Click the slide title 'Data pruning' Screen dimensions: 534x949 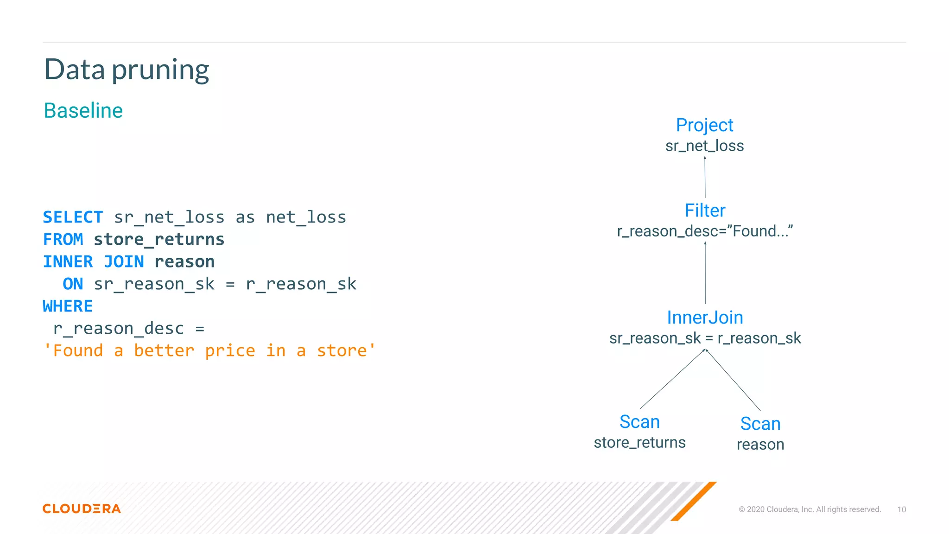127,70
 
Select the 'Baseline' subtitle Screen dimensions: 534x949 83,111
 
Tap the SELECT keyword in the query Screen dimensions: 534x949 73,217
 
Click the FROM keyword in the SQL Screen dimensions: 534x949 63,239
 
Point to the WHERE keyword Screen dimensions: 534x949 68,306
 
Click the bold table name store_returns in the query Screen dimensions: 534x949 159,239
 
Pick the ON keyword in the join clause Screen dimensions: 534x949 73,284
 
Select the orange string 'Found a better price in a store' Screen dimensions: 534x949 209,350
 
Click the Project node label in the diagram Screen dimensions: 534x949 704,125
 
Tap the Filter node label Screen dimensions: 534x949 705,210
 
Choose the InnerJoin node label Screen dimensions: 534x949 705,318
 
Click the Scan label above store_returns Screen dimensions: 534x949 639,422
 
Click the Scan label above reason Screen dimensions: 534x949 760,424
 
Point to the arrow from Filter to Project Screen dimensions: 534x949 705,178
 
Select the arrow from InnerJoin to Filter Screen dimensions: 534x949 705,273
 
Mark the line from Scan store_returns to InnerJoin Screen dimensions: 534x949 672,379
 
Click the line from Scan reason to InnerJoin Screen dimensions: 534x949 733,380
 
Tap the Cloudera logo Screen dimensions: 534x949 82,509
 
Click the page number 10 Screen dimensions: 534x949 901,509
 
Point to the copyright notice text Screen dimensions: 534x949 810,509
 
